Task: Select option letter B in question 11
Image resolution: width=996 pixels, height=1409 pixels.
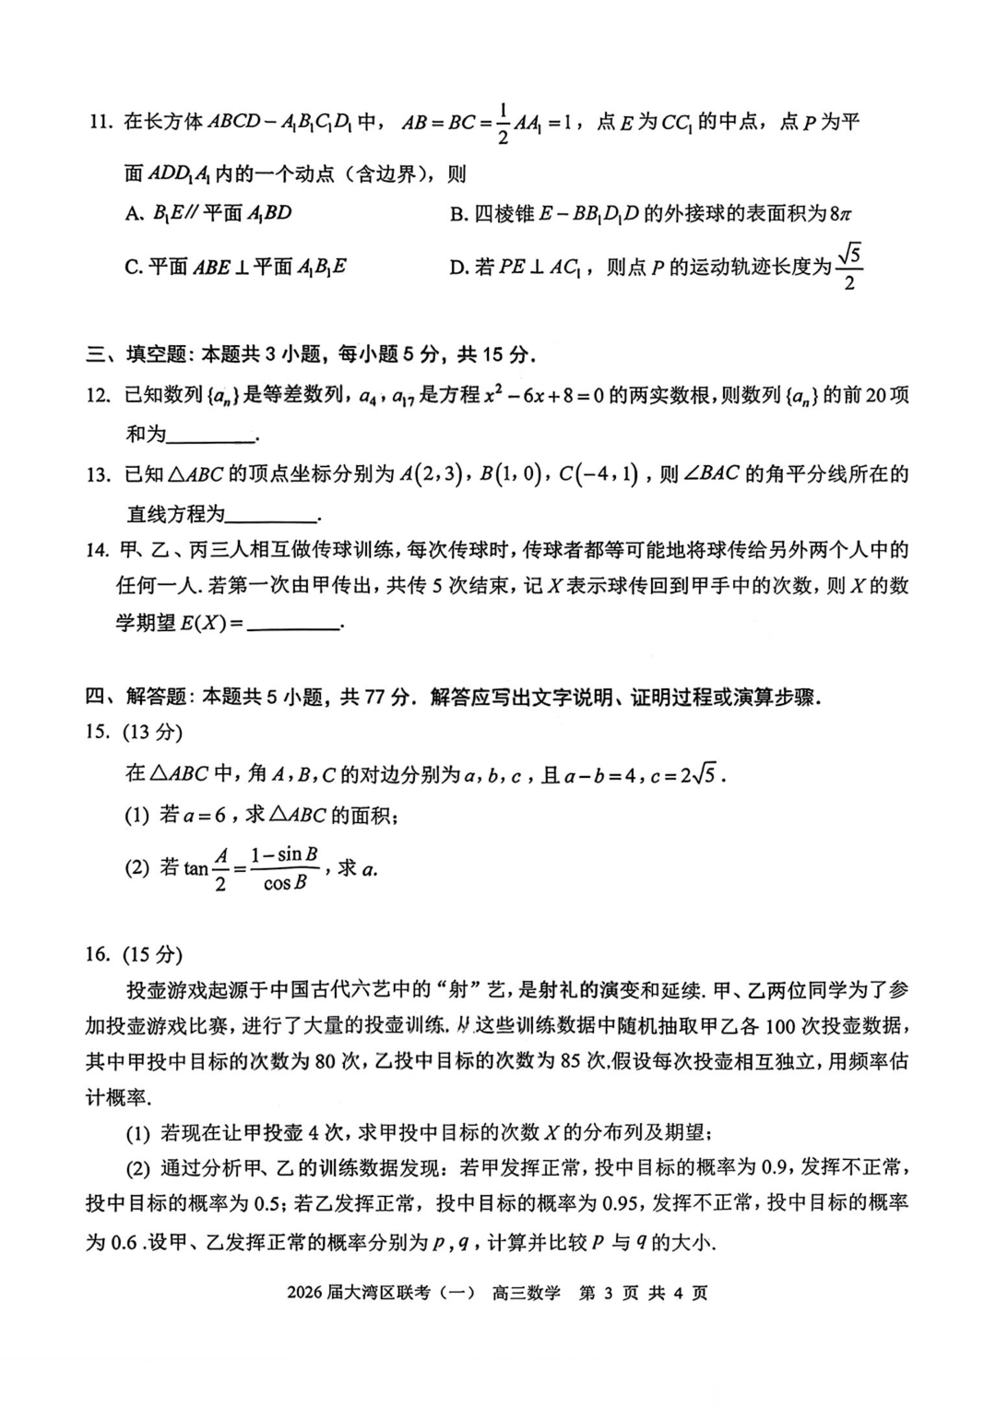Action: point(458,215)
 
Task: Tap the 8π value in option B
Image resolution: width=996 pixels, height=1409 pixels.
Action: point(839,214)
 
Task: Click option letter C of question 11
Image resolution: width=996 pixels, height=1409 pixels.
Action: point(133,268)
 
